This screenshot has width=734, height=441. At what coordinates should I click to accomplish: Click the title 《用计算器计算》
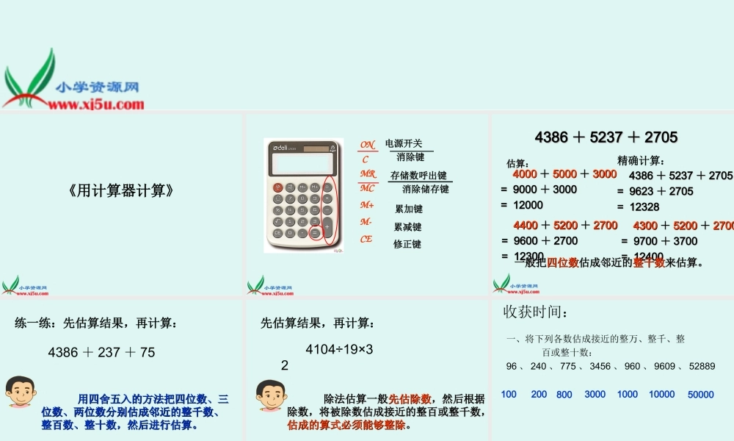click(121, 190)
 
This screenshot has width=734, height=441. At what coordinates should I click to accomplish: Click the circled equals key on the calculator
click(315, 233)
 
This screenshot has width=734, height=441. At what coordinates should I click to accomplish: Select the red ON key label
click(368, 144)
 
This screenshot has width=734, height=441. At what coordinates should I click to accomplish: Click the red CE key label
click(366, 239)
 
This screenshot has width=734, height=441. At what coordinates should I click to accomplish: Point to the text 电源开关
click(404, 143)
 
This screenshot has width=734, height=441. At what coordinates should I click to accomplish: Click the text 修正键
click(407, 244)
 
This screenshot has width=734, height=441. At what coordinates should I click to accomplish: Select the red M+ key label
click(367, 205)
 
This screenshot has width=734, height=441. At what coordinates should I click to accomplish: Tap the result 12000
click(528, 205)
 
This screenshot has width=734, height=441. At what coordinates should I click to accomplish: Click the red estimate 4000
click(525, 174)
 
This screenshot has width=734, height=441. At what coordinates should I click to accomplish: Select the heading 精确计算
click(641, 160)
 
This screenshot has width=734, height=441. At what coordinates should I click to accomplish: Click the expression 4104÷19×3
click(339, 350)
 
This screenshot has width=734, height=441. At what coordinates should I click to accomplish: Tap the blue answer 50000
click(700, 395)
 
